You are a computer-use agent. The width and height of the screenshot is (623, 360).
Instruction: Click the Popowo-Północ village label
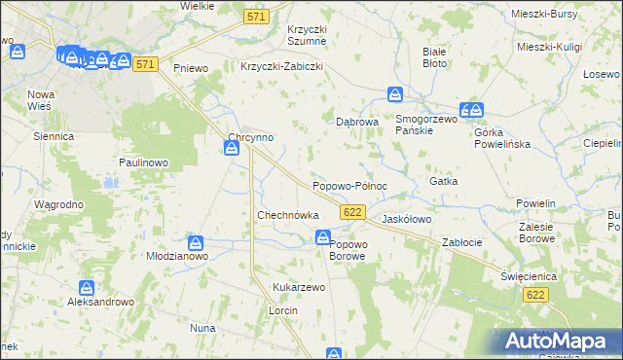pyautogui.click(x=349, y=186)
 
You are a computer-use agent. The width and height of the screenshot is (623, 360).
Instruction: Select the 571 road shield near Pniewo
pyautogui.click(x=146, y=64)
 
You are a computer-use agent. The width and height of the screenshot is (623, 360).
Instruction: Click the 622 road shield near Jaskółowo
pyautogui.click(x=353, y=212)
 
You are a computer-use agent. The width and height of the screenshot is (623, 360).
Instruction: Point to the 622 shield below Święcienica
pyautogui.click(x=533, y=294)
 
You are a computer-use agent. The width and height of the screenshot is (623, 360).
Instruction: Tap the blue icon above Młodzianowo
pyautogui.click(x=196, y=242)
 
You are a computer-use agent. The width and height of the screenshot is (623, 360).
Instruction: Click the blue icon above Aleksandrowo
pyautogui.click(x=87, y=288)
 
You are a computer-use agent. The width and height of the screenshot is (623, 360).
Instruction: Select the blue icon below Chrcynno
pyautogui.click(x=232, y=148)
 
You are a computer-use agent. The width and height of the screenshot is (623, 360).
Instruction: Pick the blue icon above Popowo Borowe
pyautogui.click(x=322, y=237)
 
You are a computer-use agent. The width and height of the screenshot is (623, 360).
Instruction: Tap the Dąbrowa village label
pyautogui.click(x=356, y=123)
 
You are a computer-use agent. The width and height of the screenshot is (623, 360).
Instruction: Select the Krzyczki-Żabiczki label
pyautogui.click(x=281, y=67)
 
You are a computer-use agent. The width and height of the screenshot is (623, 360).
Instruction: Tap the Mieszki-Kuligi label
pyautogui.click(x=550, y=46)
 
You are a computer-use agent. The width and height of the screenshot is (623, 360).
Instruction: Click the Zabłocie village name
pyautogui.click(x=462, y=242)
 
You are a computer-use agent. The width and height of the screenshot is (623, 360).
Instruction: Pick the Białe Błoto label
pyautogui.click(x=434, y=57)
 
